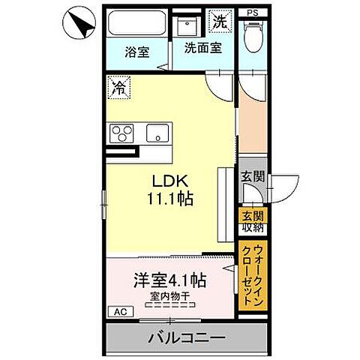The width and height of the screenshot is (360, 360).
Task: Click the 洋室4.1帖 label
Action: (x=170, y=282)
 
